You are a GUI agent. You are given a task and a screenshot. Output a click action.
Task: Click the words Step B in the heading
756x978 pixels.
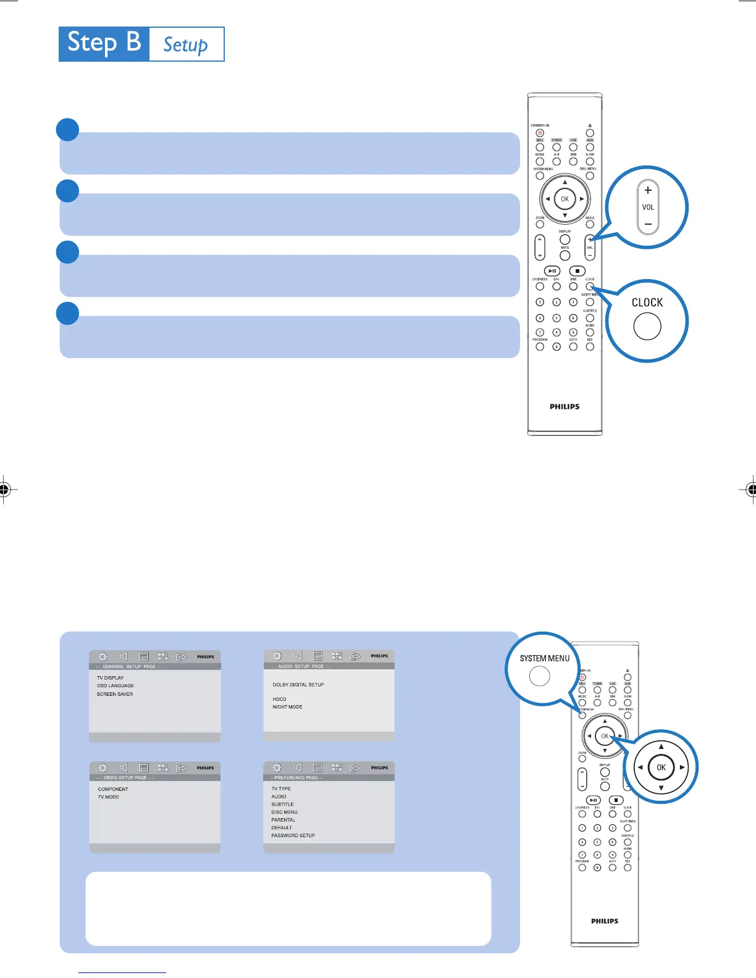click(104, 43)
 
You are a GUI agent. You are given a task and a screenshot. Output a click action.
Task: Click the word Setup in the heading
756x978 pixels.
click(185, 44)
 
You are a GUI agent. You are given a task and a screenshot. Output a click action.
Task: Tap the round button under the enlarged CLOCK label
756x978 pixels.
click(647, 326)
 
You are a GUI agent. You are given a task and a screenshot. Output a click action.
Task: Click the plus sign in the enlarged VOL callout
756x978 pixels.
click(648, 190)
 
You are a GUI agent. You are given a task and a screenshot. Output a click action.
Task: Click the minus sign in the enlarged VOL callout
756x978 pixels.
click(648, 224)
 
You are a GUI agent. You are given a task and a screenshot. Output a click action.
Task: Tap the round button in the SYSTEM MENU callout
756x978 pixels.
click(540, 676)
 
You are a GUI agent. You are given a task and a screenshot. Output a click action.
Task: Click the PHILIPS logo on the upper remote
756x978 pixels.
click(565, 406)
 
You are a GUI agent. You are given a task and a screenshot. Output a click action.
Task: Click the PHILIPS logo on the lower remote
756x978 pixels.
click(605, 921)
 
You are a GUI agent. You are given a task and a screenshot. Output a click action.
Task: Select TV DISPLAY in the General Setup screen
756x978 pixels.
click(110, 678)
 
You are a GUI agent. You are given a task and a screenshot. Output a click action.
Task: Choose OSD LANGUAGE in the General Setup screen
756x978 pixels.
click(115, 686)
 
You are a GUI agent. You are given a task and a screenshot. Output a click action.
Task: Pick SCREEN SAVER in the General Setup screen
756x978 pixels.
click(115, 694)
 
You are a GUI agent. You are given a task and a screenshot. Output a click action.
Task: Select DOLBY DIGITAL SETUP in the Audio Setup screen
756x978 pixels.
click(298, 685)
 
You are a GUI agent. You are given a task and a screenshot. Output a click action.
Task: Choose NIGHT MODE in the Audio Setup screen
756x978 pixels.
click(288, 707)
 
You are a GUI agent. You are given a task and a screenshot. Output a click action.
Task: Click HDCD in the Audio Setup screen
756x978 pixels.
click(280, 699)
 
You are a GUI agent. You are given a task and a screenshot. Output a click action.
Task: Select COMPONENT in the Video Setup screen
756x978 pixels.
click(113, 789)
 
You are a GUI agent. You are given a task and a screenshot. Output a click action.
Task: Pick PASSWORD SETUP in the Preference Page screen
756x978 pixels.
click(293, 835)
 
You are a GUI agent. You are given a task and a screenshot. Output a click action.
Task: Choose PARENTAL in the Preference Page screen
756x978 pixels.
click(283, 820)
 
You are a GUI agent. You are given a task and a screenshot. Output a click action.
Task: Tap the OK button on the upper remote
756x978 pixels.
click(565, 199)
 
